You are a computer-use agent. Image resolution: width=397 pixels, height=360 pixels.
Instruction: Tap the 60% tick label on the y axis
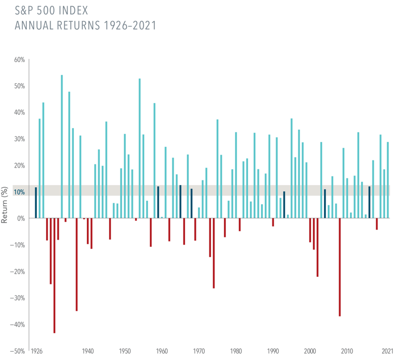click(x=19, y=60)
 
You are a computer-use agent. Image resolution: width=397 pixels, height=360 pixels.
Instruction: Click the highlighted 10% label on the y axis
click(x=19, y=192)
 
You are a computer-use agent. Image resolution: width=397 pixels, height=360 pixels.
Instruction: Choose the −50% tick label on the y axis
click(x=18, y=351)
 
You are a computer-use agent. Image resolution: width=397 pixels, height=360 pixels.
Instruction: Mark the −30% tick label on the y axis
click(x=18, y=298)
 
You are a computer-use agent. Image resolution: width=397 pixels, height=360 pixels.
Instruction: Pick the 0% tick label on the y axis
click(x=21, y=218)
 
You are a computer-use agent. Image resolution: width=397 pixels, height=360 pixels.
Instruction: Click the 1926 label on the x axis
click(x=36, y=351)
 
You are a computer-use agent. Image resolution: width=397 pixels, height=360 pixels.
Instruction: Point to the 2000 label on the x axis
click(x=310, y=351)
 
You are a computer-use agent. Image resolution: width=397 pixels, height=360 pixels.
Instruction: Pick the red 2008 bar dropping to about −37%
click(x=340, y=267)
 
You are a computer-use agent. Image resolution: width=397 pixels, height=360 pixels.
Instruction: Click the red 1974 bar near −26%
click(x=213, y=253)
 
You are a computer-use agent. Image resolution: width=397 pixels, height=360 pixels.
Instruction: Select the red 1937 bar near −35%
click(x=77, y=264)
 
